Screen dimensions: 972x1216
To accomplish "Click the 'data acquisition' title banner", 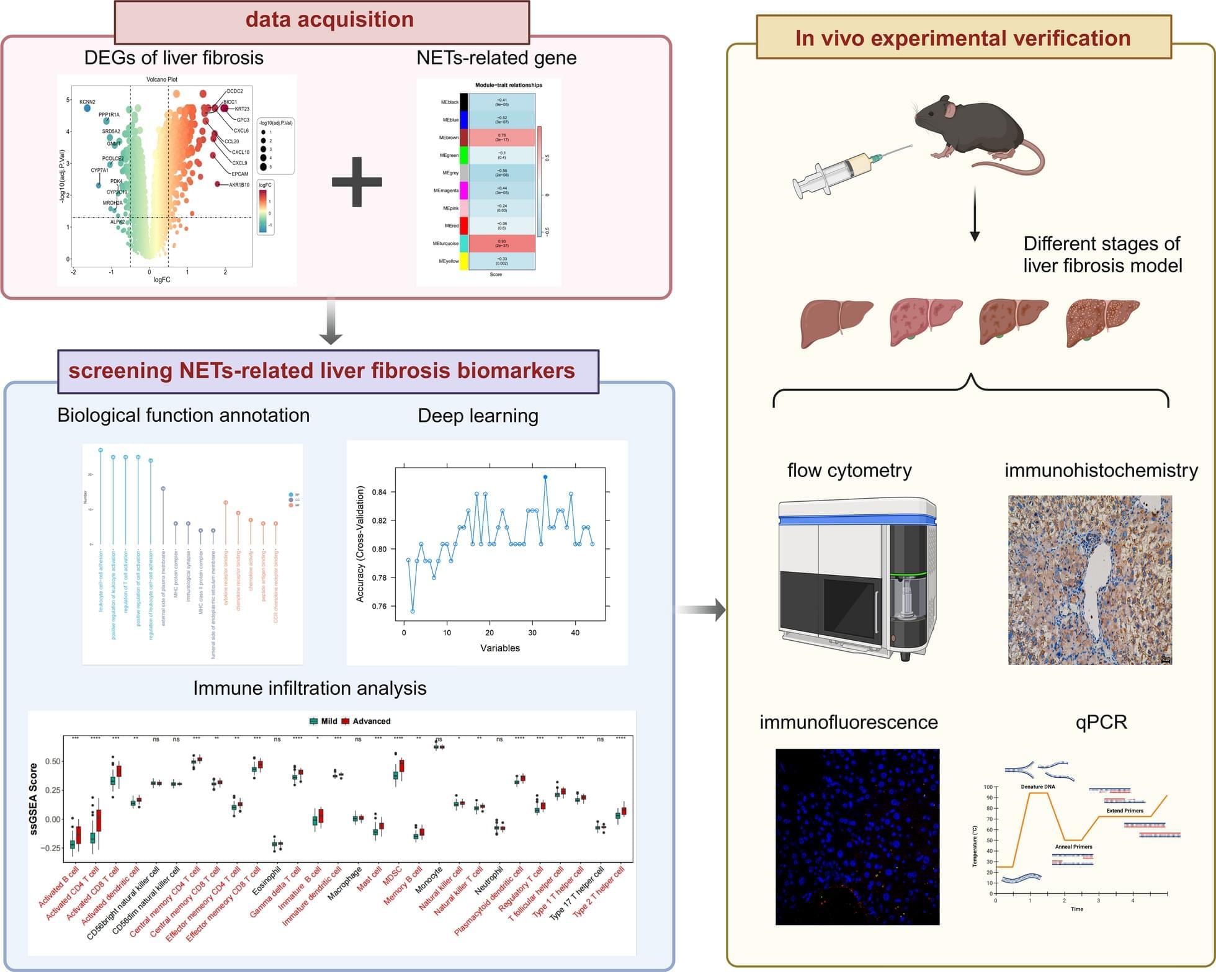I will [329, 20].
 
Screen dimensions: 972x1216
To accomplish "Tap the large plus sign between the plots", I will [357, 182].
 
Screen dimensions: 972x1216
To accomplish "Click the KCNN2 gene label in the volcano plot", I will [87, 102].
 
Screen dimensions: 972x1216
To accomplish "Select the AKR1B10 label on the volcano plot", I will [239, 185].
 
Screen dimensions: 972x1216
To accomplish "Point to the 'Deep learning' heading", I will [478, 416].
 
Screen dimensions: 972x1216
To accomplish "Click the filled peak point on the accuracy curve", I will [545, 477].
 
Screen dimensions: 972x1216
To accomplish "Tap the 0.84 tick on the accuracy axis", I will [379, 493].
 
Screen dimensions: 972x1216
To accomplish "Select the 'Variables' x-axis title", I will [500, 648].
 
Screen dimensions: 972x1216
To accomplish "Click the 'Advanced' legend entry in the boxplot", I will [371, 721].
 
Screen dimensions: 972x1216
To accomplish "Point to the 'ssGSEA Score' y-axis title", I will [34, 799].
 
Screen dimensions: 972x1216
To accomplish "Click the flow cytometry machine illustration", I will [856, 577].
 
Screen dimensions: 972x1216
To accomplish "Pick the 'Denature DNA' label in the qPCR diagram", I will [1038, 787].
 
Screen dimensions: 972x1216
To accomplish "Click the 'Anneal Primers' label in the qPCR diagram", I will [1074, 847].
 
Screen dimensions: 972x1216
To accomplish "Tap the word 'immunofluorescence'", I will [848, 723].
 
